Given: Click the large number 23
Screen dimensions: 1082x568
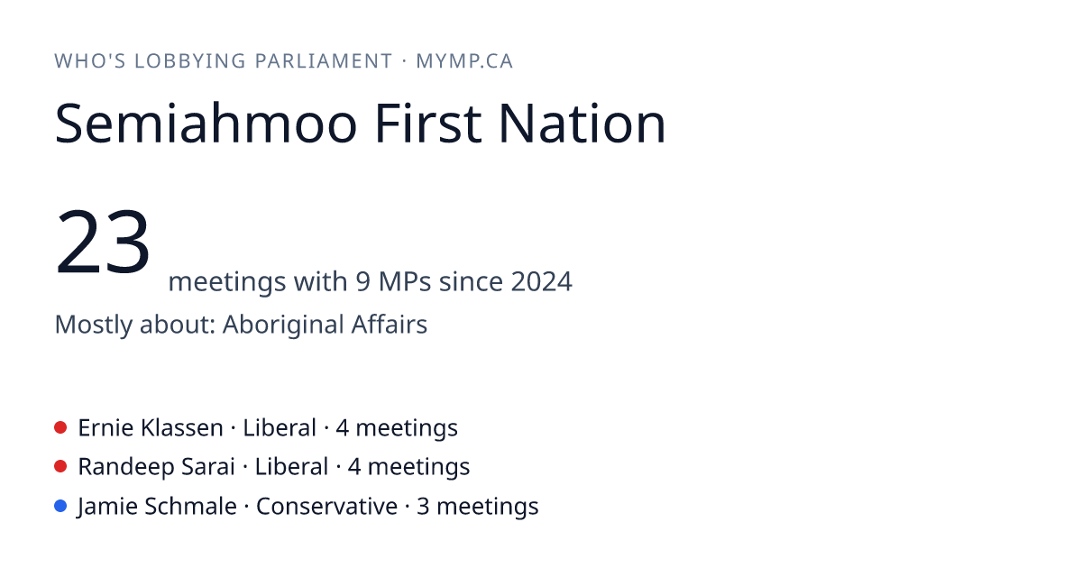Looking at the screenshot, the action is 103,241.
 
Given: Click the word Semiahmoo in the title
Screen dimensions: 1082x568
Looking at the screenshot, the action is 206,124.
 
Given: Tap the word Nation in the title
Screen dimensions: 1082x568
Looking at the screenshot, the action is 582,124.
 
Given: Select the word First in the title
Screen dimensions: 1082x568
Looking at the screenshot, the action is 428,124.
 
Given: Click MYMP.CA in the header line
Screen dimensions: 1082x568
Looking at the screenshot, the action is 464,61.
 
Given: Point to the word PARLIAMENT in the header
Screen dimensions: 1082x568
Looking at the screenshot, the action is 324,61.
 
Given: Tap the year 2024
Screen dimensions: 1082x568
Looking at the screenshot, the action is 542,281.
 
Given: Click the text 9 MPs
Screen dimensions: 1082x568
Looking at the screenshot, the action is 393,281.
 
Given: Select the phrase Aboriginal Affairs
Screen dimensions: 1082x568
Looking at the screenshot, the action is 325,324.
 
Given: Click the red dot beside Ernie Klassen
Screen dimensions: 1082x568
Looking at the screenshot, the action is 60,427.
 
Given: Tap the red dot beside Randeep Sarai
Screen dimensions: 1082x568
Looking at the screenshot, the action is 60,466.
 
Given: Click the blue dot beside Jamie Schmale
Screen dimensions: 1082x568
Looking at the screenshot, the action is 60,506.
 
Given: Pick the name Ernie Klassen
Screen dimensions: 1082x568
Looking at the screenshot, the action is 151,428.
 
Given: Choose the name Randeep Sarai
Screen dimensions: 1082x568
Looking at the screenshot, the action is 157,467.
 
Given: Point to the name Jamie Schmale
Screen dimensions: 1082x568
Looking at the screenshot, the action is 157,506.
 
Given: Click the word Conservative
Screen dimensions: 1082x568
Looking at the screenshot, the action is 326,506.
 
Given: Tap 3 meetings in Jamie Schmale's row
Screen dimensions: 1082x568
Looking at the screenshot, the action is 477,506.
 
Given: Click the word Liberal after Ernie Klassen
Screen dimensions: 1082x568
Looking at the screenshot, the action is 280,428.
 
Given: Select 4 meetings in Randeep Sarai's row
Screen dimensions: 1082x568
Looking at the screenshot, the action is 408,467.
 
